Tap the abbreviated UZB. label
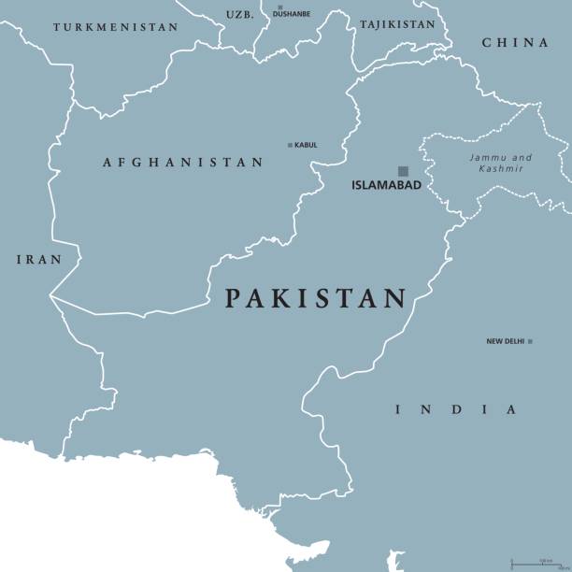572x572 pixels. pos(239,15)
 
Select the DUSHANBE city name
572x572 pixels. pos(291,15)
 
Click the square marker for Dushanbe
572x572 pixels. pos(279,7)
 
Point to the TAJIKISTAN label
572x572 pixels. pos(397,24)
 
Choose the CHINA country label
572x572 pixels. pos(515,43)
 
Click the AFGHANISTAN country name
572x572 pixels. pos(182,163)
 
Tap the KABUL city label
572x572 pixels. pos(306,145)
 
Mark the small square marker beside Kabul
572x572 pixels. pos(290,145)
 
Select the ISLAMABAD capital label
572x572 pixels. pos(386,185)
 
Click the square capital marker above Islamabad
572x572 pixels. pos(404,171)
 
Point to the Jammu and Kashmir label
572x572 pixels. pos(501,164)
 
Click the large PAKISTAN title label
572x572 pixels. pos(316,299)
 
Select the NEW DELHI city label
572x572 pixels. pos(505,341)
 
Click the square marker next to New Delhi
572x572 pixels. pos(530,341)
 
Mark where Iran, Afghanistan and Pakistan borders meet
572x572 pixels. pos(51,296)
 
